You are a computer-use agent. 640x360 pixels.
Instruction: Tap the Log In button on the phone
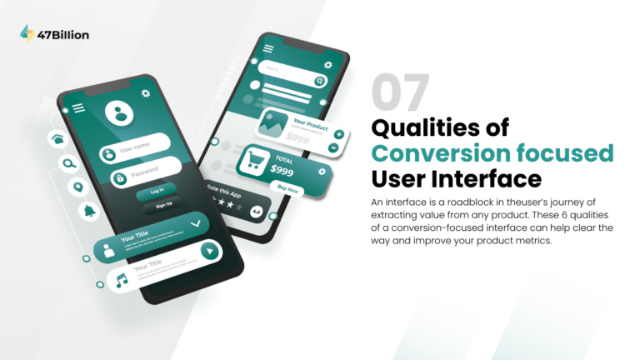point(157,191)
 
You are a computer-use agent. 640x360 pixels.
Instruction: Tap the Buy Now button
point(288,190)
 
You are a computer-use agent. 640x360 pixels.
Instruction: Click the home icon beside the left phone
point(58,138)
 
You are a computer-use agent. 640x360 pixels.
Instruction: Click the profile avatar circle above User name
point(121,114)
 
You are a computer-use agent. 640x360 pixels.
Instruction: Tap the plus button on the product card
point(338,134)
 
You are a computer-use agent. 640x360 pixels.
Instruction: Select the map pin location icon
point(77,187)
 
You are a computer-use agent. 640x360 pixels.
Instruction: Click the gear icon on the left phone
point(147,94)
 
